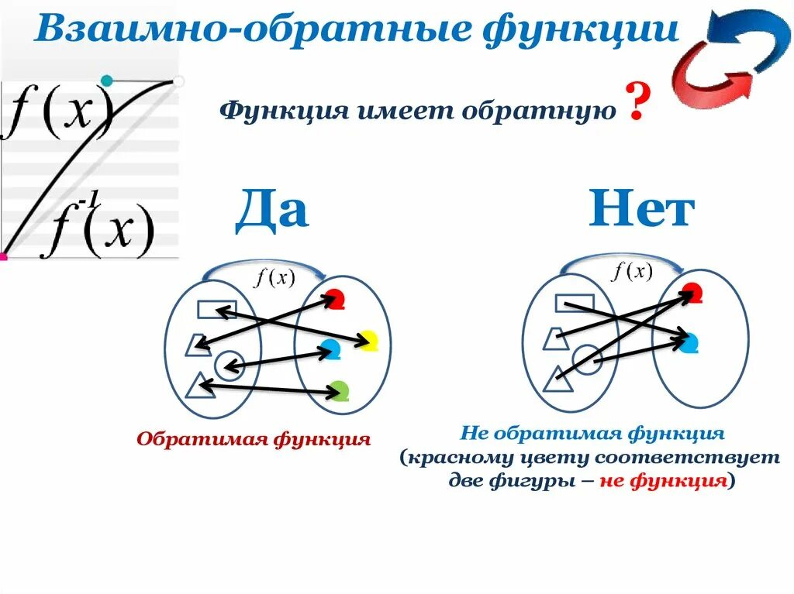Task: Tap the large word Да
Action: click(271, 208)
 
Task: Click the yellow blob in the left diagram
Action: click(368, 340)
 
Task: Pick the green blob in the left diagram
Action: click(339, 390)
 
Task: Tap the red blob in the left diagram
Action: click(334, 299)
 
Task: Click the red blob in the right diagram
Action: click(692, 293)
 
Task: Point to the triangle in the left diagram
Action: click(201, 384)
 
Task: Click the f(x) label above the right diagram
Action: click(632, 271)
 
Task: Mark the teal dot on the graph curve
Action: click(107, 80)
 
